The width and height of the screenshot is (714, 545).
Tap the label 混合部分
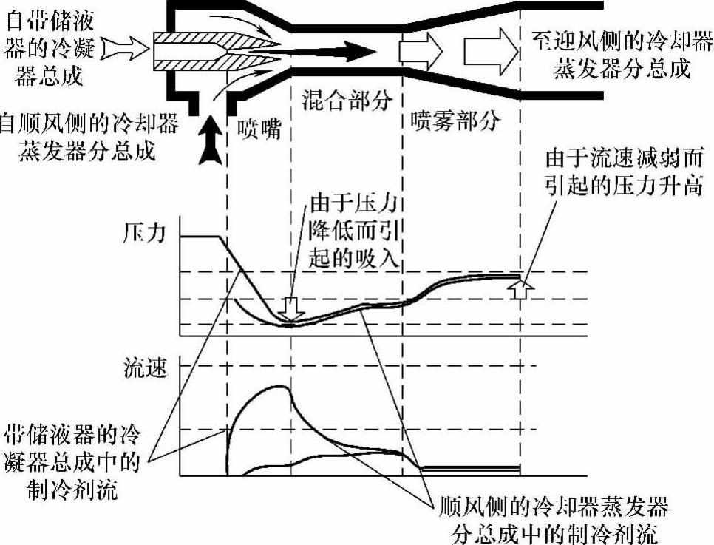[x=345, y=102]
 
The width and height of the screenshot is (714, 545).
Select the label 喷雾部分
[x=455, y=121]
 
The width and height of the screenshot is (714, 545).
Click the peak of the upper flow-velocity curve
[x=278, y=387]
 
